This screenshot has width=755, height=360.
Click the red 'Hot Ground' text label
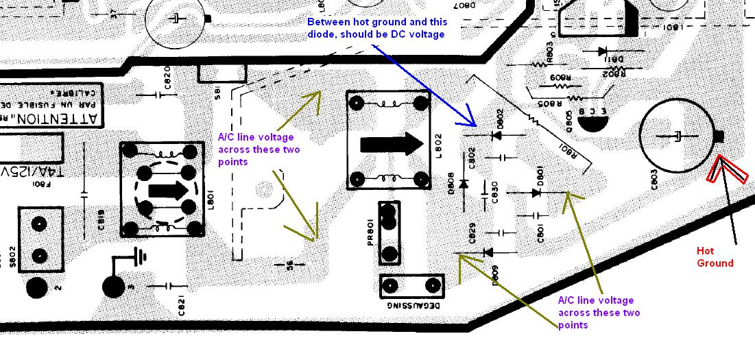715,257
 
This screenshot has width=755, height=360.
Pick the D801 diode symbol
535,193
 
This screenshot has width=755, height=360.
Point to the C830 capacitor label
494,191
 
